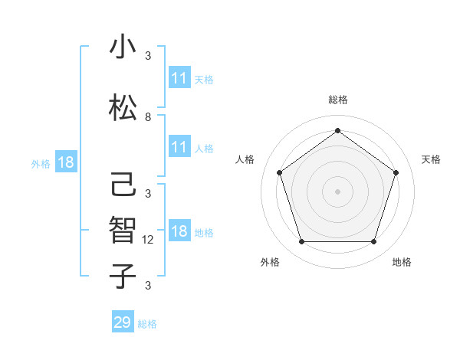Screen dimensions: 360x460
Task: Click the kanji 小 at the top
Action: coord(123,48)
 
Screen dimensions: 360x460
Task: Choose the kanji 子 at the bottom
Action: coord(123,277)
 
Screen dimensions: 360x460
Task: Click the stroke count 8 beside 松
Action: coord(148,117)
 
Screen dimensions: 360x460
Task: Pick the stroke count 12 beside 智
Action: coord(149,239)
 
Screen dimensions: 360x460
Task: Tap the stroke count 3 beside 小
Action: coord(148,55)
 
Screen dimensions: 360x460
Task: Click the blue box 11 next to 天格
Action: coord(179,79)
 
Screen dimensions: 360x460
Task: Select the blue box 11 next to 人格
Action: coord(179,148)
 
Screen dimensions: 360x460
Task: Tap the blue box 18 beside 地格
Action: coord(179,232)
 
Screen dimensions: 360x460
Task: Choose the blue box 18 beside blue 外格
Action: coord(65,162)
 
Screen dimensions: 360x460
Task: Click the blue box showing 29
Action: coord(122,322)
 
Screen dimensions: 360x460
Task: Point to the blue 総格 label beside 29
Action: coord(147,324)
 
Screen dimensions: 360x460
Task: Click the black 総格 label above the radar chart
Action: coord(337,100)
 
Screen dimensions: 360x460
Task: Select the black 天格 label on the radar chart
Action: coord(431,159)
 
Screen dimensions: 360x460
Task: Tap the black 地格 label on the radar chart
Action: coord(402,262)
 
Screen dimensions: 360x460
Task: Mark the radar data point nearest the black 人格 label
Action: coord(279,172)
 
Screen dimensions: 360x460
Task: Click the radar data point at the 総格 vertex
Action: coord(337,130)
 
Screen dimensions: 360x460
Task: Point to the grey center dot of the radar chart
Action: coord(337,191)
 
